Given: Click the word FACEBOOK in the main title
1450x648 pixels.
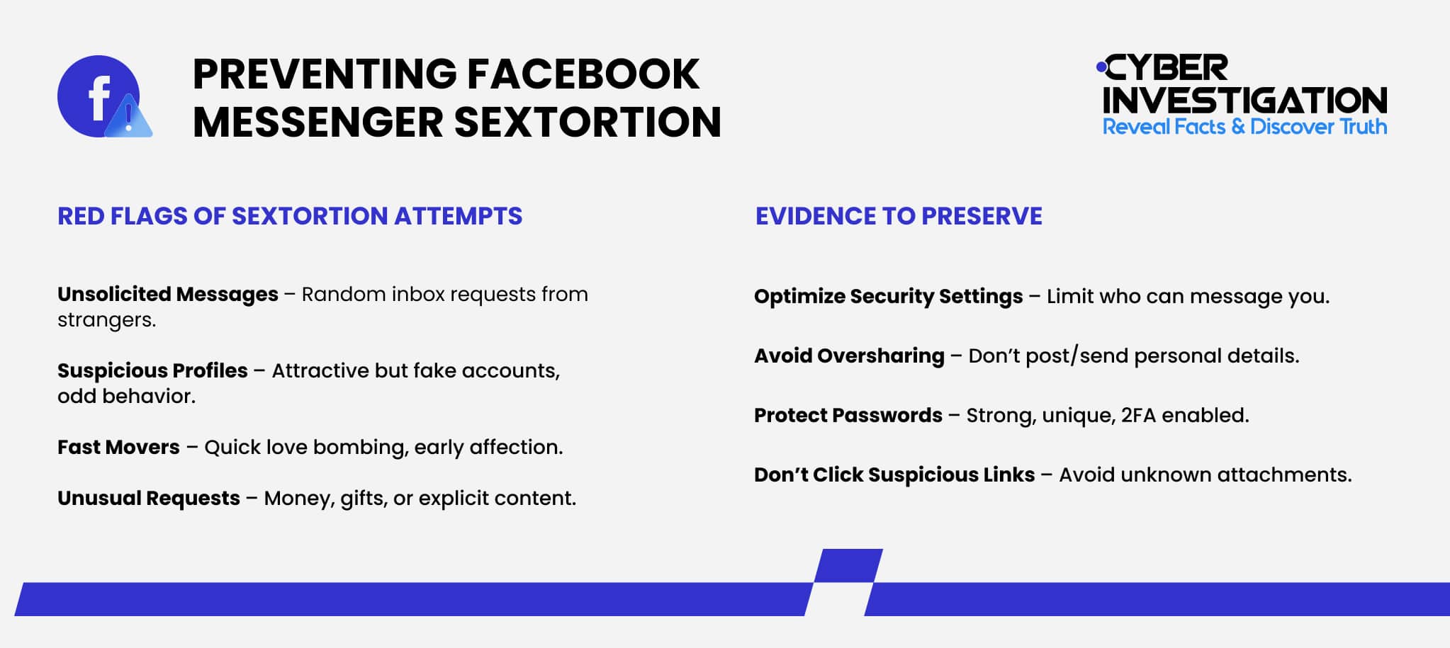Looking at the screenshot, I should [583, 74].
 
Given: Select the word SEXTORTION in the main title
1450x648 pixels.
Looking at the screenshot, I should [588, 122].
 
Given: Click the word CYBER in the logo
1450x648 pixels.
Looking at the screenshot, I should [1166, 69].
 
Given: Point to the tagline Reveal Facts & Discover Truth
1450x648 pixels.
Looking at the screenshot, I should [1244, 127].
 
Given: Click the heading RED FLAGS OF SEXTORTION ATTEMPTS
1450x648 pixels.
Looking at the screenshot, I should [289, 216].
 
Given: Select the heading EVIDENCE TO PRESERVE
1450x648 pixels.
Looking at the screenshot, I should [899, 216].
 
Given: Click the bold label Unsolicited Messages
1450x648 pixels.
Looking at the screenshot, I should [168, 294].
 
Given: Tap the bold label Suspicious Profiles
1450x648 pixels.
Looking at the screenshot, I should [152, 370].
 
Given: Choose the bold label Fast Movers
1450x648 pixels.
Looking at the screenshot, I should [118, 447].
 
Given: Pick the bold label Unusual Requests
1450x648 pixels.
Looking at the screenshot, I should [149, 498].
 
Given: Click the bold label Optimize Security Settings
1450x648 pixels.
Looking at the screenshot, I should [888, 296].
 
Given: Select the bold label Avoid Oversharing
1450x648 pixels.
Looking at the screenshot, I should [849, 356].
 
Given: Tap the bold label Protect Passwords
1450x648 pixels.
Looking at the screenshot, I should [848, 415].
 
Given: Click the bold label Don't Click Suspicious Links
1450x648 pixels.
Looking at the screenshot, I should [894, 474].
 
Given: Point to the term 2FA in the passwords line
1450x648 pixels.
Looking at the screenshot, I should [1138, 415].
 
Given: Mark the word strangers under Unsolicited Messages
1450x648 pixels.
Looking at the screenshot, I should [106, 320].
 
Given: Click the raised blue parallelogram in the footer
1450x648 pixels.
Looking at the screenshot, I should [848, 565].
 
